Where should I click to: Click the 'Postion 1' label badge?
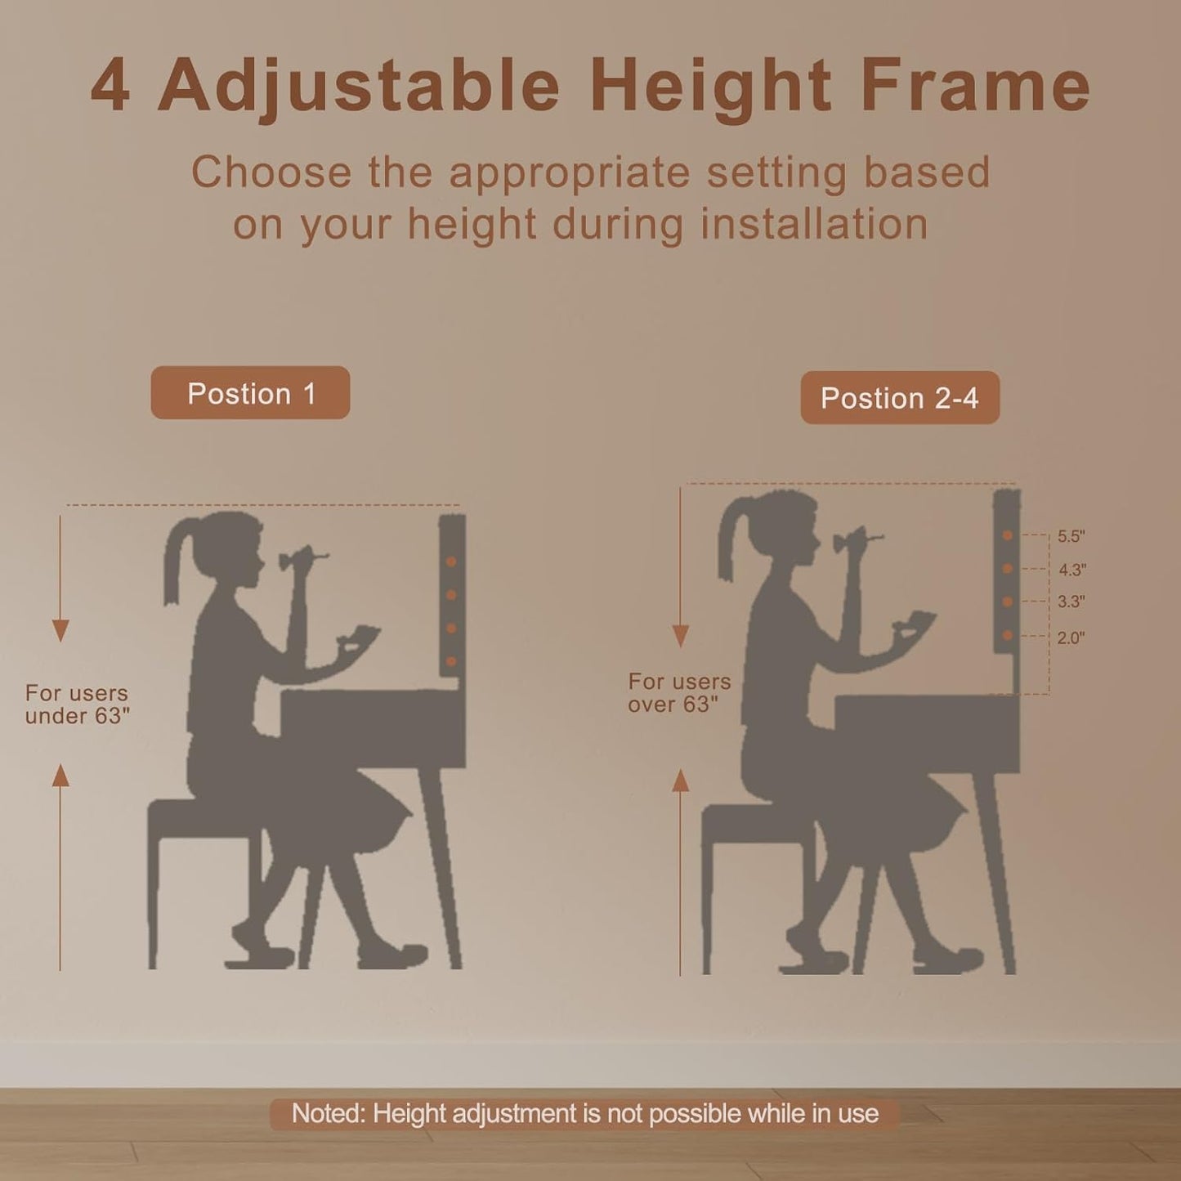tap(250, 393)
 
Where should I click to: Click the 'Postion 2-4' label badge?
tap(900, 398)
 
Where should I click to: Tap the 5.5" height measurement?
tap(1071, 537)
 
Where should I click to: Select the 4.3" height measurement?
tap(1071, 570)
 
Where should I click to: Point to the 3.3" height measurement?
tap(1071, 602)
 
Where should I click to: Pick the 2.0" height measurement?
tap(1071, 638)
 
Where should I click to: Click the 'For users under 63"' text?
tap(78, 705)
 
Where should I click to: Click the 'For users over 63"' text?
tap(679, 693)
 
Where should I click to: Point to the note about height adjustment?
tap(585, 1114)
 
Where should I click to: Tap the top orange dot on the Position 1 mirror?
tap(451, 562)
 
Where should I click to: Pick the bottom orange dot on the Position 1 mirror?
tap(451, 661)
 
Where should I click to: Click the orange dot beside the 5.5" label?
tap(1008, 535)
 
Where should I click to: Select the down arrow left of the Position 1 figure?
tap(60, 629)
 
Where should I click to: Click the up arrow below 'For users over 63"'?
tap(680, 781)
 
